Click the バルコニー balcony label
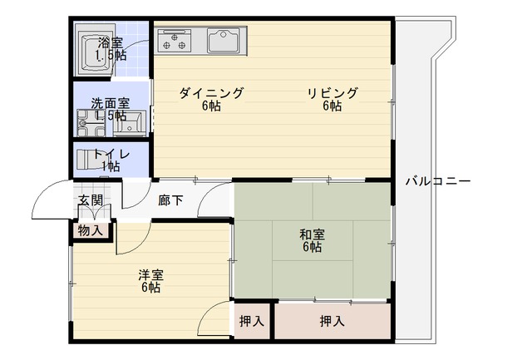(438, 181)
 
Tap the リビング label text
(332, 92)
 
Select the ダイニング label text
(211, 92)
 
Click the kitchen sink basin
(224, 41)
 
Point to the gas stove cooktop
(174, 41)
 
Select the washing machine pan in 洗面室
(91, 123)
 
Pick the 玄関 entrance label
(91, 200)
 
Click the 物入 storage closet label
(91, 231)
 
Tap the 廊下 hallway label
(170, 200)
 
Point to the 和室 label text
(312, 234)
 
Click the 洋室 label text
(151, 275)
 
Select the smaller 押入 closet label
(252, 321)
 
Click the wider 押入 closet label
(332, 321)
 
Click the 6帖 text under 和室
(313, 247)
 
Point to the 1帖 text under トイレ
(111, 166)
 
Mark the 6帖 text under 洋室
(151, 288)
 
